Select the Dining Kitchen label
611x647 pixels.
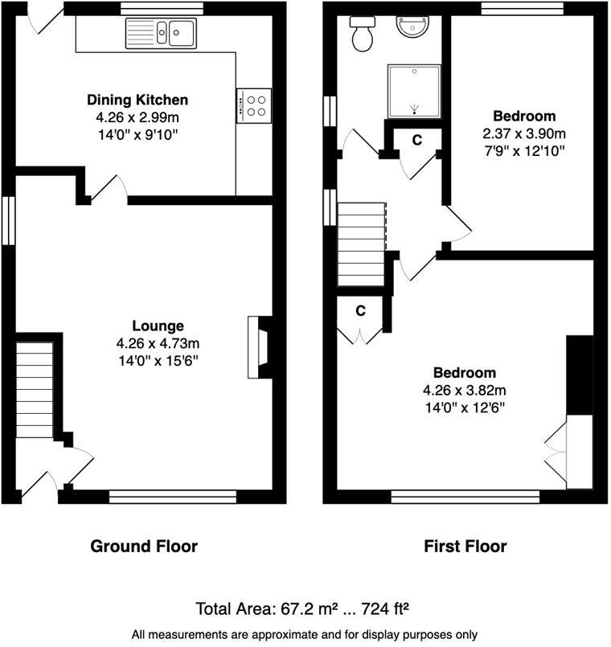pyautogui.click(x=137, y=100)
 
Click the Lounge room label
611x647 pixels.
pyautogui.click(x=158, y=326)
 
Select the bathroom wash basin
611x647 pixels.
pyautogui.click(x=413, y=27)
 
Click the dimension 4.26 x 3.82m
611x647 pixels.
pyautogui.click(x=464, y=391)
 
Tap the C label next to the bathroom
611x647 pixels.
pyautogui.click(x=417, y=140)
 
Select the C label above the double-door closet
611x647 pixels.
pyautogui.click(x=361, y=309)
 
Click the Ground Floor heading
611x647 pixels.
pyautogui.click(x=144, y=547)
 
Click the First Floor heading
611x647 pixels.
pyautogui.click(x=465, y=547)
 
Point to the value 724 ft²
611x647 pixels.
pyautogui.click(x=385, y=608)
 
